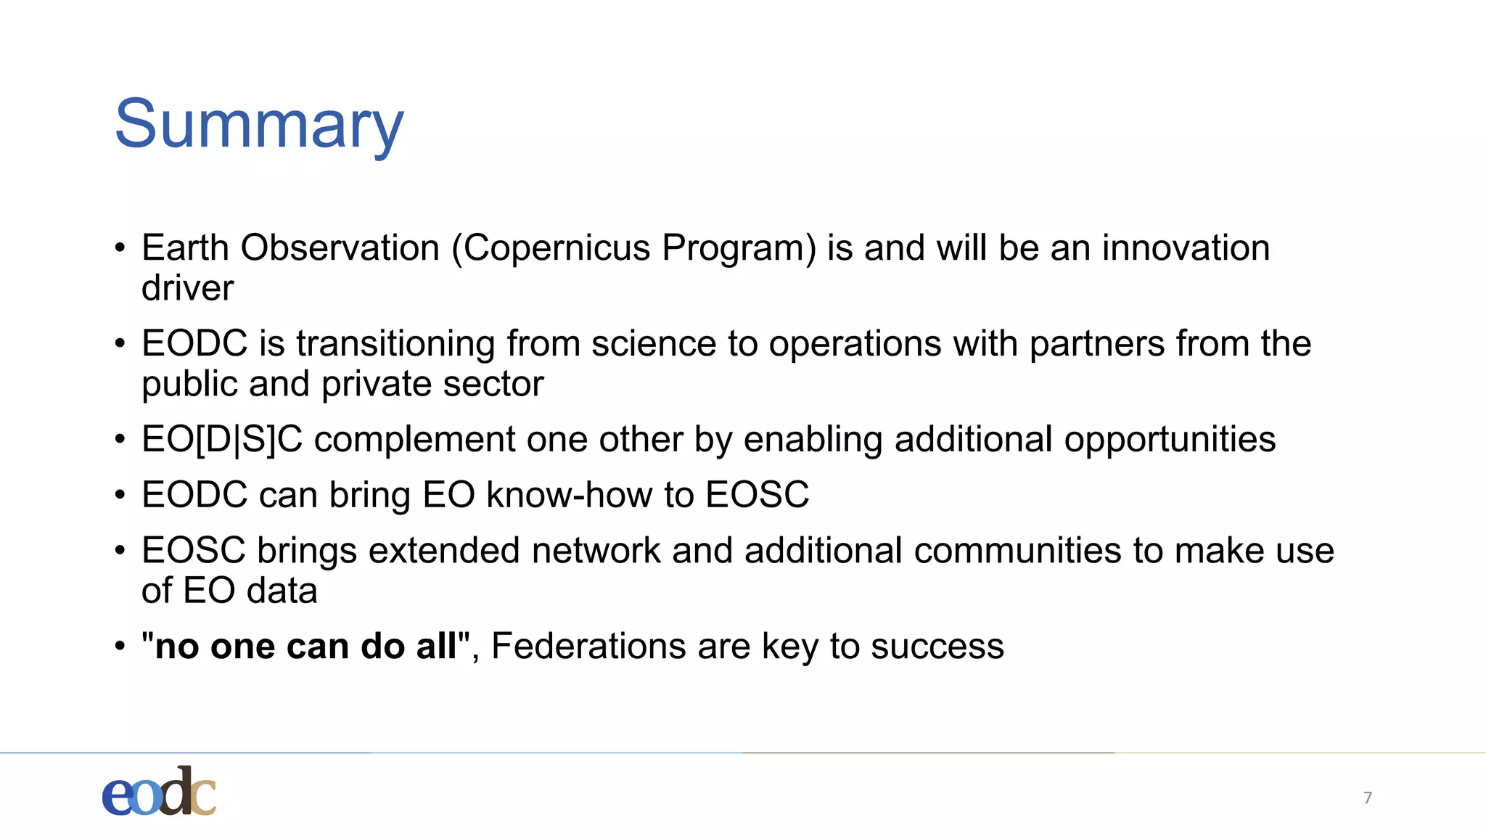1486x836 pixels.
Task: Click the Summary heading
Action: pos(258,125)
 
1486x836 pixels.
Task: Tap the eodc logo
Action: pos(159,792)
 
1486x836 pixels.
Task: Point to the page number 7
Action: pos(1368,798)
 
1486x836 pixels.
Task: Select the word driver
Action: pos(187,288)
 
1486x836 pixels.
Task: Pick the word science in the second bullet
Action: pos(653,344)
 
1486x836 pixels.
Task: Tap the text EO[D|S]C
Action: pos(222,440)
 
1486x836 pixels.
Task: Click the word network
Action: pos(596,551)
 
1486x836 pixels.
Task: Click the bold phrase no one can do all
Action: pos(305,647)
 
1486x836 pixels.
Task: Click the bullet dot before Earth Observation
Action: pos(120,248)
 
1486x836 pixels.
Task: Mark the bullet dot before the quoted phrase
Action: pos(120,647)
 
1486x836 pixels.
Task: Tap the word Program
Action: pos(739,248)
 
